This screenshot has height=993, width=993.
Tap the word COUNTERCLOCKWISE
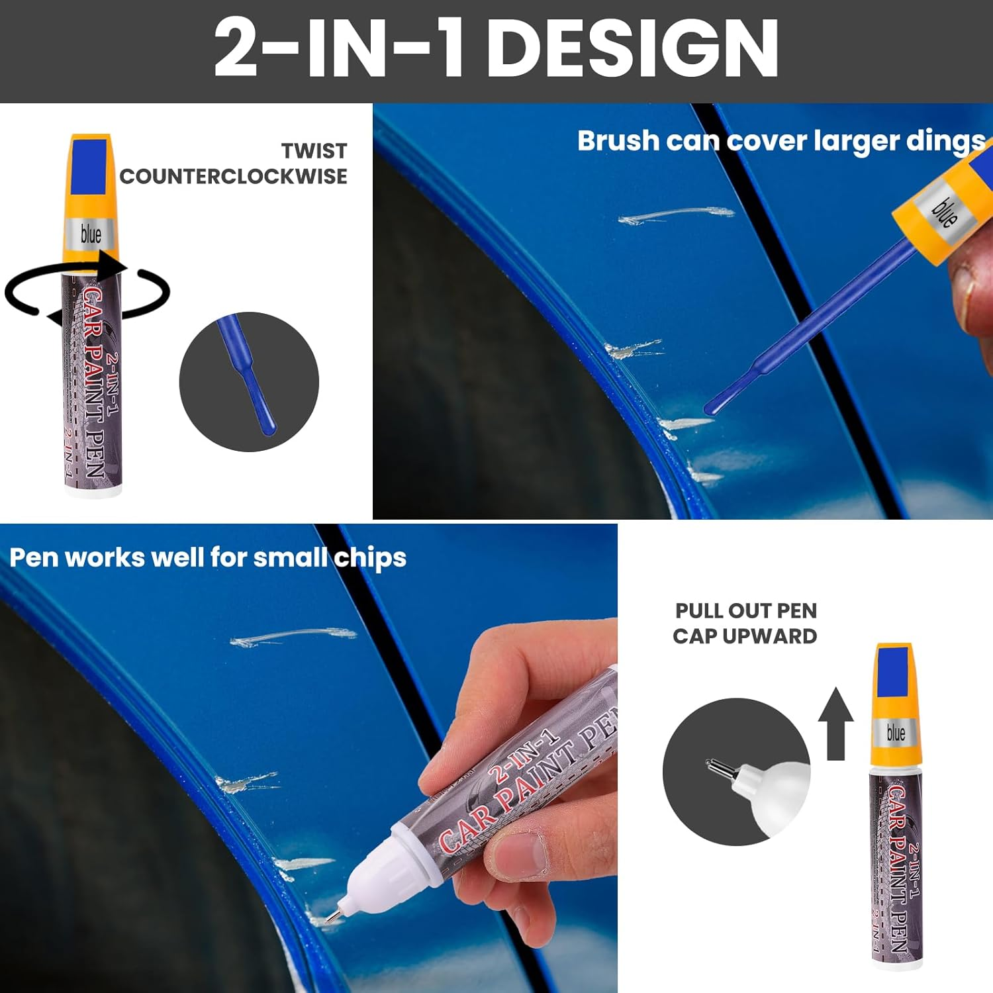pos(233,177)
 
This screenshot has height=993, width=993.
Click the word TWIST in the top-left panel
pos(314,151)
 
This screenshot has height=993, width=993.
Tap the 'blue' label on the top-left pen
pos(91,234)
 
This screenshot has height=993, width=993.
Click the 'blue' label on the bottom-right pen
pos(895,733)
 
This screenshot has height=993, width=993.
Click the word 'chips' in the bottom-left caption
pos(370,558)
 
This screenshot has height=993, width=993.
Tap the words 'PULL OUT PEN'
pos(745,610)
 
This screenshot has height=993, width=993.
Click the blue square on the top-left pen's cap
pos(90,165)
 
